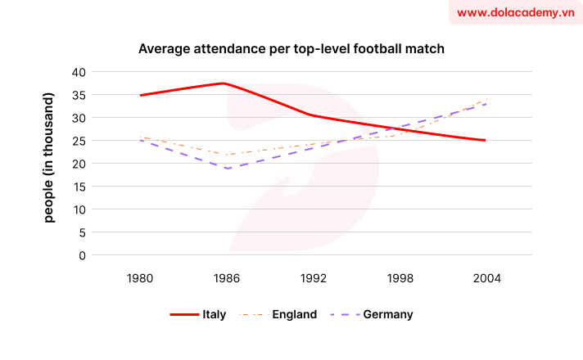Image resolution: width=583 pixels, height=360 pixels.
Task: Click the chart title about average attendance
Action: pyautogui.click(x=291, y=49)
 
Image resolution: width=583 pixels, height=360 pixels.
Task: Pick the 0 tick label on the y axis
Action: pyautogui.click(x=82, y=255)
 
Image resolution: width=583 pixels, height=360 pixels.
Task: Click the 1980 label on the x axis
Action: pyautogui.click(x=140, y=278)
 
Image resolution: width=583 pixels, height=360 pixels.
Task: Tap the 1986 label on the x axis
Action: pyautogui.click(x=227, y=278)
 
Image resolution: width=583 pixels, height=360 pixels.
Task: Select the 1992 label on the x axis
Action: pyautogui.click(x=313, y=278)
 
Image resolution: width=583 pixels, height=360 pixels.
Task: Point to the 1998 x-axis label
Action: pyautogui.click(x=400, y=278)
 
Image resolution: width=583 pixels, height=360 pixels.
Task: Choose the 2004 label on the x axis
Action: pyautogui.click(x=486, y=278)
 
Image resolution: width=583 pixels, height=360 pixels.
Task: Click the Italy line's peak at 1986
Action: pyautogui.click(x=224, y=83)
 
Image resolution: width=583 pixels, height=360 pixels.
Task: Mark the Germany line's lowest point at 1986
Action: pyautogui.click(x=227, y=169)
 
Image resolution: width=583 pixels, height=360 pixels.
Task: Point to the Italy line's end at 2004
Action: pyautogui.click(x=486, y=141)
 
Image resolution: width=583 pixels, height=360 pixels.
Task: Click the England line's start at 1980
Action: pyautogui.click(x=141, y=137)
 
